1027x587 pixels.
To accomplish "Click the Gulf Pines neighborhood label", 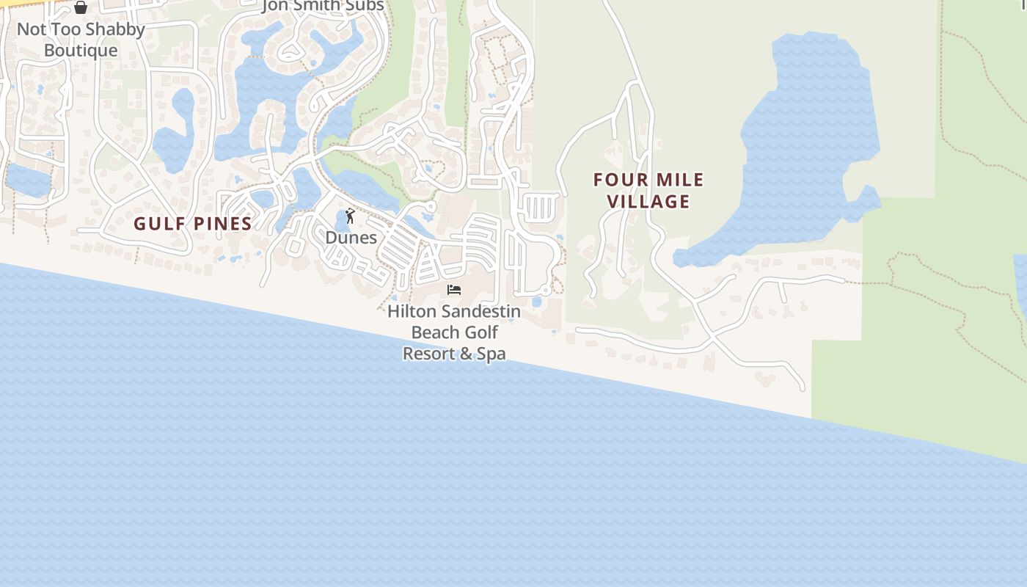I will (x=193, y=224).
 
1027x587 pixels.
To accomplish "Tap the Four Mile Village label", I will (x=648, y=190).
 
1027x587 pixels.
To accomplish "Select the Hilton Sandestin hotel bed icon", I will (x=454, y=290).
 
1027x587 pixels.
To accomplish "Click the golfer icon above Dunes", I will (x=350, y=216).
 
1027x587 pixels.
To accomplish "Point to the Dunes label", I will (x=351, y=238).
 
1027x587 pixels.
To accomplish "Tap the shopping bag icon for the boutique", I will (x=81, y=8).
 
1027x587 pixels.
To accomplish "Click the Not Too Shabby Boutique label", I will (x=81, y=40).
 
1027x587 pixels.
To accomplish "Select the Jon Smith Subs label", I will (x=324, y=7).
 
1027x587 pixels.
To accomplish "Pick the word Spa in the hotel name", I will (x=491, y=354).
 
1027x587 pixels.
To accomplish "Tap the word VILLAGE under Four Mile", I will (x=648, y=201).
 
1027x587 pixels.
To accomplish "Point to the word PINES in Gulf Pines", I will (x=219, y=224).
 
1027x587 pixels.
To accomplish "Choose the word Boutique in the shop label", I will (x=81, y=51).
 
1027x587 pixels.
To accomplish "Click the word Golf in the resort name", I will (x=478, y=332).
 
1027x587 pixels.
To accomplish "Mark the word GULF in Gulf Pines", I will (x=155, y=224).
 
